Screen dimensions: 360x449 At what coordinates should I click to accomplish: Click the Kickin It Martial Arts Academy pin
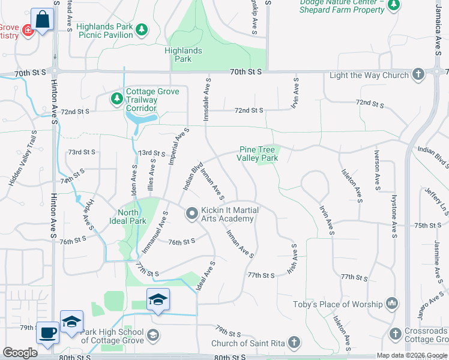coord(192,213)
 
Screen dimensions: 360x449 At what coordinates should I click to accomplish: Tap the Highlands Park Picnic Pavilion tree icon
coord(142,29)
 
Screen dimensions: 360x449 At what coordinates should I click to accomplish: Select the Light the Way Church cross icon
coord(418,75)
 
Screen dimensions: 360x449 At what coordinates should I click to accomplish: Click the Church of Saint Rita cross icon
coord(294,343)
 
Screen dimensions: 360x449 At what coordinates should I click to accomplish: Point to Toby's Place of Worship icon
coord(393,302)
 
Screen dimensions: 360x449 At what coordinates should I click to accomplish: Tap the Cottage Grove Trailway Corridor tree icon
coord(116,98)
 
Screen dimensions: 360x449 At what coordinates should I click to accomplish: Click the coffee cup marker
coord(47,332)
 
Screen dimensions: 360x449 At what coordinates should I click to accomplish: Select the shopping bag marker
coord(43,19)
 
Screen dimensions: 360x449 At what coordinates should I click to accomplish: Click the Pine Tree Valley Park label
coord(258,154)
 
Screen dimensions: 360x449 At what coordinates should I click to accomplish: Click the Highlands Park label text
coord(184,55)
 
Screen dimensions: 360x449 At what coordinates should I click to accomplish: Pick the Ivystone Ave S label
coord(394,212)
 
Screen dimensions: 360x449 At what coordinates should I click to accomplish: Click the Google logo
coord(20,353)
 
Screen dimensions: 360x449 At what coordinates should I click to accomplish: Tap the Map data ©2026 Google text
coord(411,355)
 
